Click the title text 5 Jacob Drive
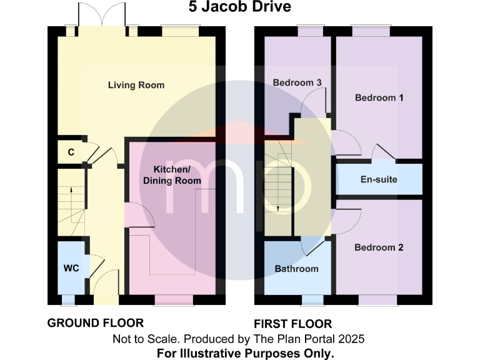pos(240,7)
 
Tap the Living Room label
pos(136,85)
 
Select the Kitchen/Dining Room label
pos(172,175)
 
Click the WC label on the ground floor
pos(70,268)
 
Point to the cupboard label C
pos(71,152)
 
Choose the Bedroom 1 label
pos(379,97)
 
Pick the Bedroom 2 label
pos(379,247)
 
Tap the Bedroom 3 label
pos(297,82)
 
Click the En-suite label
pos(379,180)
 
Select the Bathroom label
pos(297,269)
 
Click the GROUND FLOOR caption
pos(96,323)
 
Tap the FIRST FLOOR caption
pos(292,324)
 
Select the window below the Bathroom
pos(312,301)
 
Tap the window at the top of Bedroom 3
pos(306,29)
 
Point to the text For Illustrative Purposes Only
pos(244,353)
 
